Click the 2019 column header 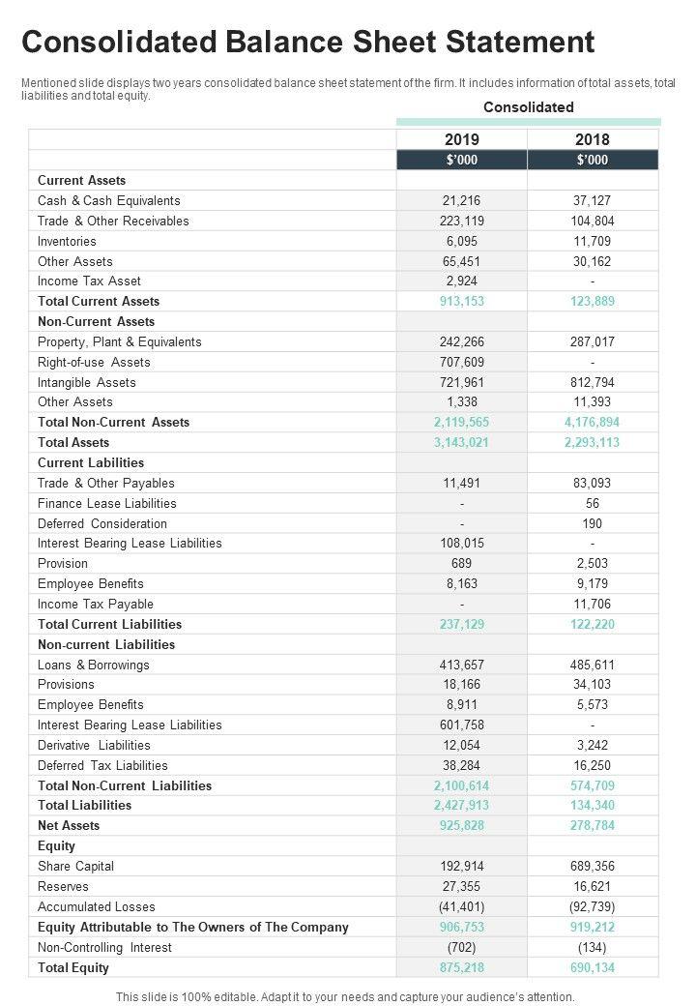(462, 139)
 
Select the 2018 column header (593, 139)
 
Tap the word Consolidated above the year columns (529, 107)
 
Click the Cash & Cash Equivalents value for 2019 (462, 201)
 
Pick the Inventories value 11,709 (593, 241)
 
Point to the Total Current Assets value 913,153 (462, 302)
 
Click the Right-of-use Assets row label (94, 362)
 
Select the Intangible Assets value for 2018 (593, 382)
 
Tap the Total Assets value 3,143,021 (462, 443)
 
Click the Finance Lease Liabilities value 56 (593, 503)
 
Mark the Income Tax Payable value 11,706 (593, 605)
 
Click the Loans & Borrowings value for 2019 (462, 666)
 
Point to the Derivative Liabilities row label (94, 746)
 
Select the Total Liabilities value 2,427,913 (462, 806)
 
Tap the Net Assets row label (69, 826)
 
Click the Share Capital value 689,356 (593, 867)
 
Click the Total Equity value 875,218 (462, 967)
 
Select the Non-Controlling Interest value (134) (593, 948)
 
